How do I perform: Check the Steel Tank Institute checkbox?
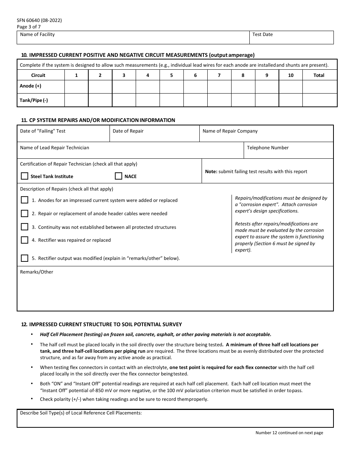[x=25, y=176]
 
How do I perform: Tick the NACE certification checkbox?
[x=119, y=176]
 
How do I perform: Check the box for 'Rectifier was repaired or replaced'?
[x=25, y=240]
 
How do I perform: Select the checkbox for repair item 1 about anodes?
[x=25, y=200]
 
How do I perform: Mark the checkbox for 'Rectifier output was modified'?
[x=25, y=258]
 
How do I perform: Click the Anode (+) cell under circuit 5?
[x=171, y=86]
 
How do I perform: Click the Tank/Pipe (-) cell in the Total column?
[x=319, y=100]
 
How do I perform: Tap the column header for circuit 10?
[x=291, y=75]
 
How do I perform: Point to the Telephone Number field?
[x=288, y=151]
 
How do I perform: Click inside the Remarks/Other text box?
[x=175, y=292]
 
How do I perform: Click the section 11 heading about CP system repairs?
[x=98, y=120]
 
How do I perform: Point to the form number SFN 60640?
[x=39, y=20]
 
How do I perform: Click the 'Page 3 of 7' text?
[x=29, y=27]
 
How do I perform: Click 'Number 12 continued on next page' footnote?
[x=289, y=433]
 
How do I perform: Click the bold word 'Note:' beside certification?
[x=211, y=172]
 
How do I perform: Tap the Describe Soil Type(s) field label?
[x=81, y=413]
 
